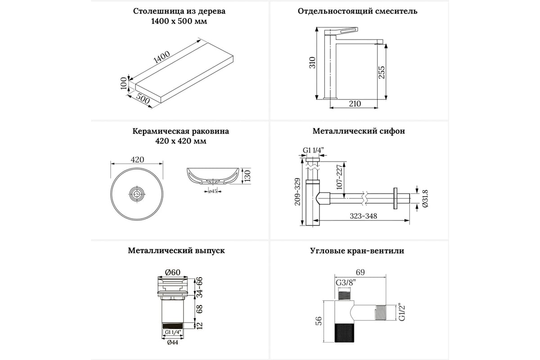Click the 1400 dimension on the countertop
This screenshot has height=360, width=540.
tap(161, 58)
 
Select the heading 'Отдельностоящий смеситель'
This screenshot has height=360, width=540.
tap(358, 11)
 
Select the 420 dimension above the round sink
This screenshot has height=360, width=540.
tap(137, 160)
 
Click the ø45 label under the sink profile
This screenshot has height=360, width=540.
tap(213, 192)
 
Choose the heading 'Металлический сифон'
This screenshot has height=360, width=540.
tap(359, 131)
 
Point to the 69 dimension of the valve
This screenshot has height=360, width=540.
tap(359, 272)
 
